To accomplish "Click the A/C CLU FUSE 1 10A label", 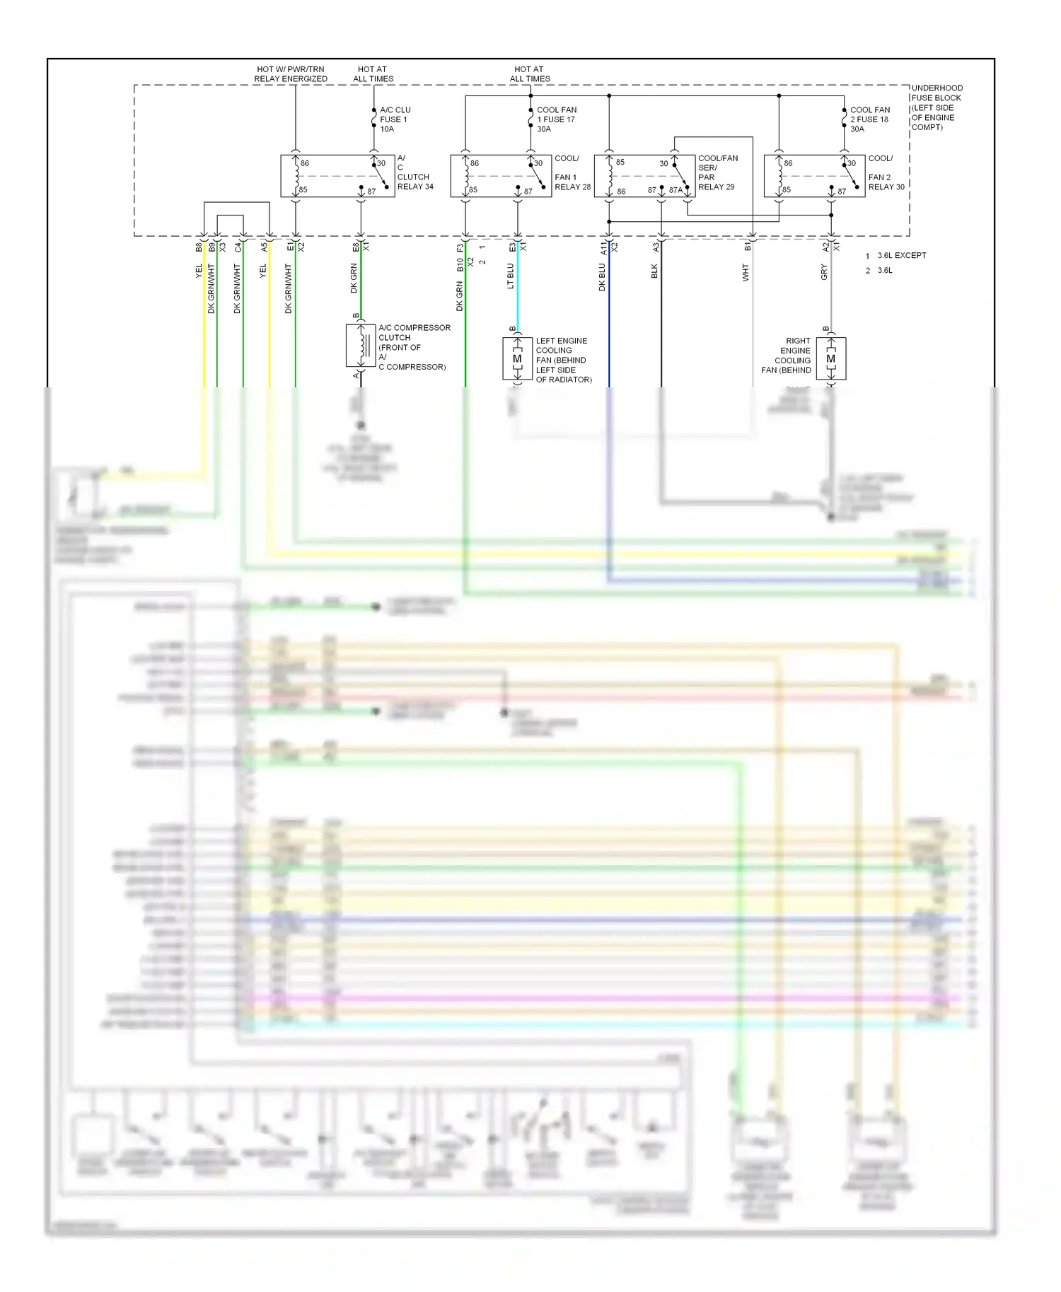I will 395,119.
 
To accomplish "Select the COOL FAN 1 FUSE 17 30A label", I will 555,119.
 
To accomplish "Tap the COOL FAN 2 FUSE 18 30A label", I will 869,119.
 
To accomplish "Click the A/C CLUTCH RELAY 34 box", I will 337,176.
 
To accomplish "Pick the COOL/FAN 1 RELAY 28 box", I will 501,176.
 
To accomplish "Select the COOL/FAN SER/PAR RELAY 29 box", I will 644,176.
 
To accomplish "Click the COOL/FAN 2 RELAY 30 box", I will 814,176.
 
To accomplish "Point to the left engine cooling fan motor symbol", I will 517,359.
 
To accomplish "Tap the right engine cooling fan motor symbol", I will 831,359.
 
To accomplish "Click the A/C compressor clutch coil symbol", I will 361,346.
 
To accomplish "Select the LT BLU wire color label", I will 511,276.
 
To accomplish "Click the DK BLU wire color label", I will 602,278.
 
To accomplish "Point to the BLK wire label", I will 654,271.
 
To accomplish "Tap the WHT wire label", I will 746,273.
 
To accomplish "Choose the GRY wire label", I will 824,272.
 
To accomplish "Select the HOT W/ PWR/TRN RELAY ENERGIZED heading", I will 291,74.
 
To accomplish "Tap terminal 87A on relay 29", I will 676,190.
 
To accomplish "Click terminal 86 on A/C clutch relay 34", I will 305,163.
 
